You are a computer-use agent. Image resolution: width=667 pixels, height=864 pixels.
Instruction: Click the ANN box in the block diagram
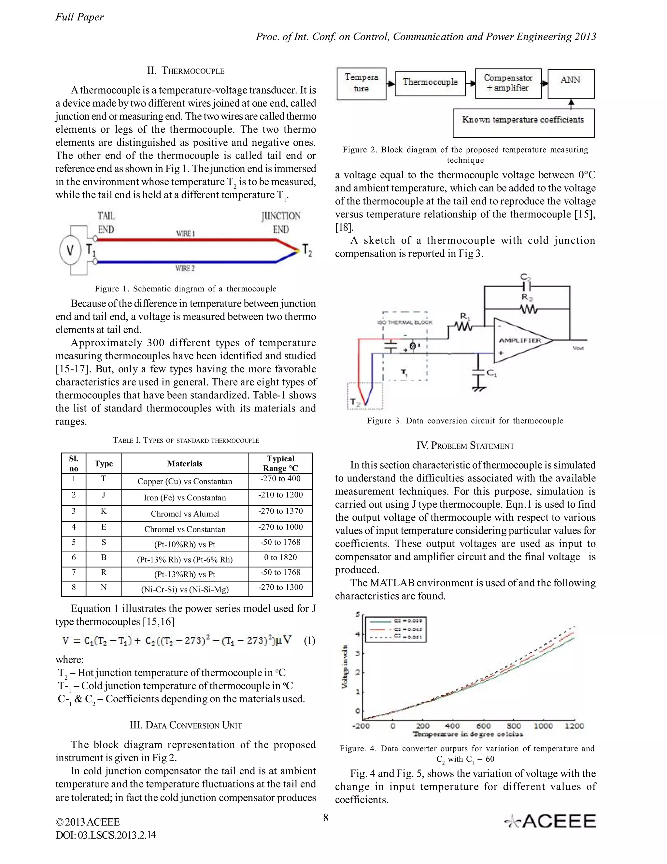571,83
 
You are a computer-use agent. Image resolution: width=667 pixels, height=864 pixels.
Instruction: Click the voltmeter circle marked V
70,250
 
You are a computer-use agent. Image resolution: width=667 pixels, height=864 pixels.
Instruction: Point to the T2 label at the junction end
307,250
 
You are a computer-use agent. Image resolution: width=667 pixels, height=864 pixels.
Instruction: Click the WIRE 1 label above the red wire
185,233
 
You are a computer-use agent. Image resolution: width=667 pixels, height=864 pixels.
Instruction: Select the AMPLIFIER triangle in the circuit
519,340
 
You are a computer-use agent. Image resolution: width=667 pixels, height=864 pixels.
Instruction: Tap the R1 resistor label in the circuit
465,317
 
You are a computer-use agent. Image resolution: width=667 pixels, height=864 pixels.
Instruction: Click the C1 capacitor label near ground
491,372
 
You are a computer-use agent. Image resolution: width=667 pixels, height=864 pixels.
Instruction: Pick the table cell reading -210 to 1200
280,495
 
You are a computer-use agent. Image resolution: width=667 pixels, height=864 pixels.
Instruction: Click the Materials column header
185,464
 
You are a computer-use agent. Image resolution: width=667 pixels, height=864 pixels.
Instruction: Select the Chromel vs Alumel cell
185,514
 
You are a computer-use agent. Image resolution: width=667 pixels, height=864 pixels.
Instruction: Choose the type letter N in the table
104,588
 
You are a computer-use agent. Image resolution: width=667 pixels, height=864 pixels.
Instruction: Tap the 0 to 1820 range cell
280,558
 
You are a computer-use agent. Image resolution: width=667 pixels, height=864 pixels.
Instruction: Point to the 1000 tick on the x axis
544,726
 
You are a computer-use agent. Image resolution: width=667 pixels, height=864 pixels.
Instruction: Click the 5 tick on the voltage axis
358,614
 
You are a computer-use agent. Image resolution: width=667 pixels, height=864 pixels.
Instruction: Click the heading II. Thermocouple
185,71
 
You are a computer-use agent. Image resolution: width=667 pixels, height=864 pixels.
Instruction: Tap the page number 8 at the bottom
326,818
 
